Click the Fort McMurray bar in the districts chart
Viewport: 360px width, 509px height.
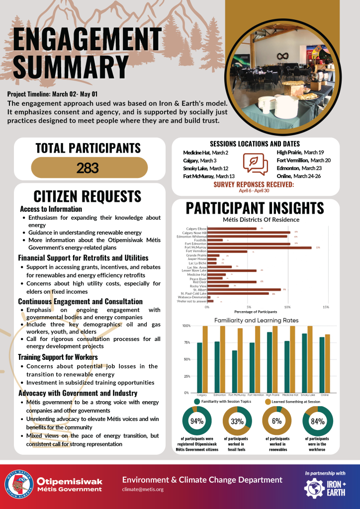[259, 247]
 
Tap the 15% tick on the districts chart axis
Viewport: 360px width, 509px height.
[326, 307]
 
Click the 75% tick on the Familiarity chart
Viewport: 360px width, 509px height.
[187, 342]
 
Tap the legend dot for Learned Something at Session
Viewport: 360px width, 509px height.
[268, 401]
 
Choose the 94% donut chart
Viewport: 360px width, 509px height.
[196, 421]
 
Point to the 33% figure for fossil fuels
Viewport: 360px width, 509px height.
[237, 422]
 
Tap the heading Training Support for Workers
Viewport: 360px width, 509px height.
[58, 356]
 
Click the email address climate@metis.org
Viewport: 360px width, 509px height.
[143, 489]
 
